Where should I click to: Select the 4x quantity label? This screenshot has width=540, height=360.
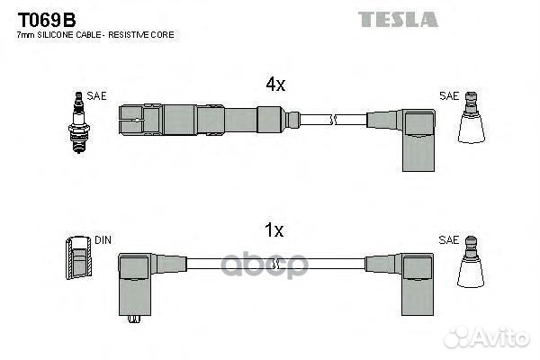275,85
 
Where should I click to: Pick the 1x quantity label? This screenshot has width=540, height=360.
275,231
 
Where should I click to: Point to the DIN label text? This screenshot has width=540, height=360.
103,240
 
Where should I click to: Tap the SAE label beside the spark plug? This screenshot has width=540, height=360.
96,94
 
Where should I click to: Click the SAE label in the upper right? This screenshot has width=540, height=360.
448,94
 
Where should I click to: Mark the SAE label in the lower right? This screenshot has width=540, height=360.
448,240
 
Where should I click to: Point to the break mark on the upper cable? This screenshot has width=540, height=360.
332,119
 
